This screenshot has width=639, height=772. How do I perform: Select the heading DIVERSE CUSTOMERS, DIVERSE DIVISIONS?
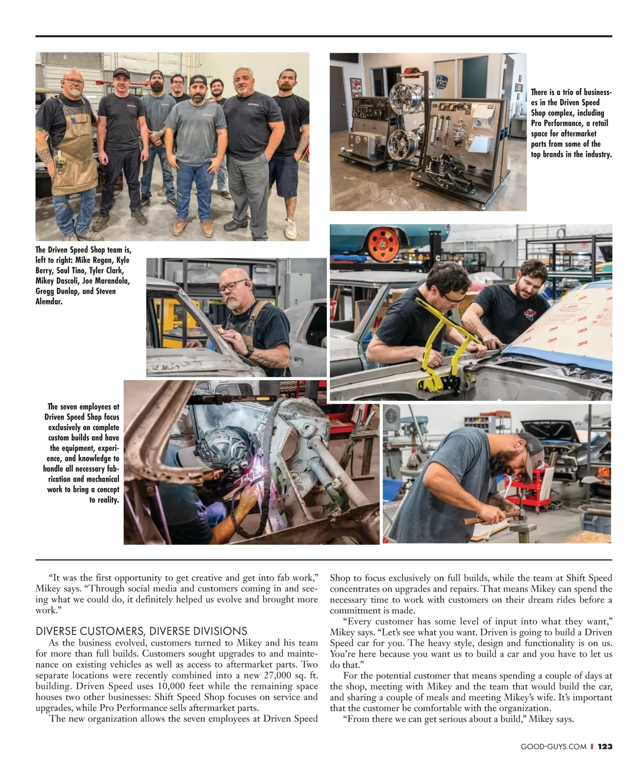point(142,631)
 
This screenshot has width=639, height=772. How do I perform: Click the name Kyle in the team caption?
point(123,260)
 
